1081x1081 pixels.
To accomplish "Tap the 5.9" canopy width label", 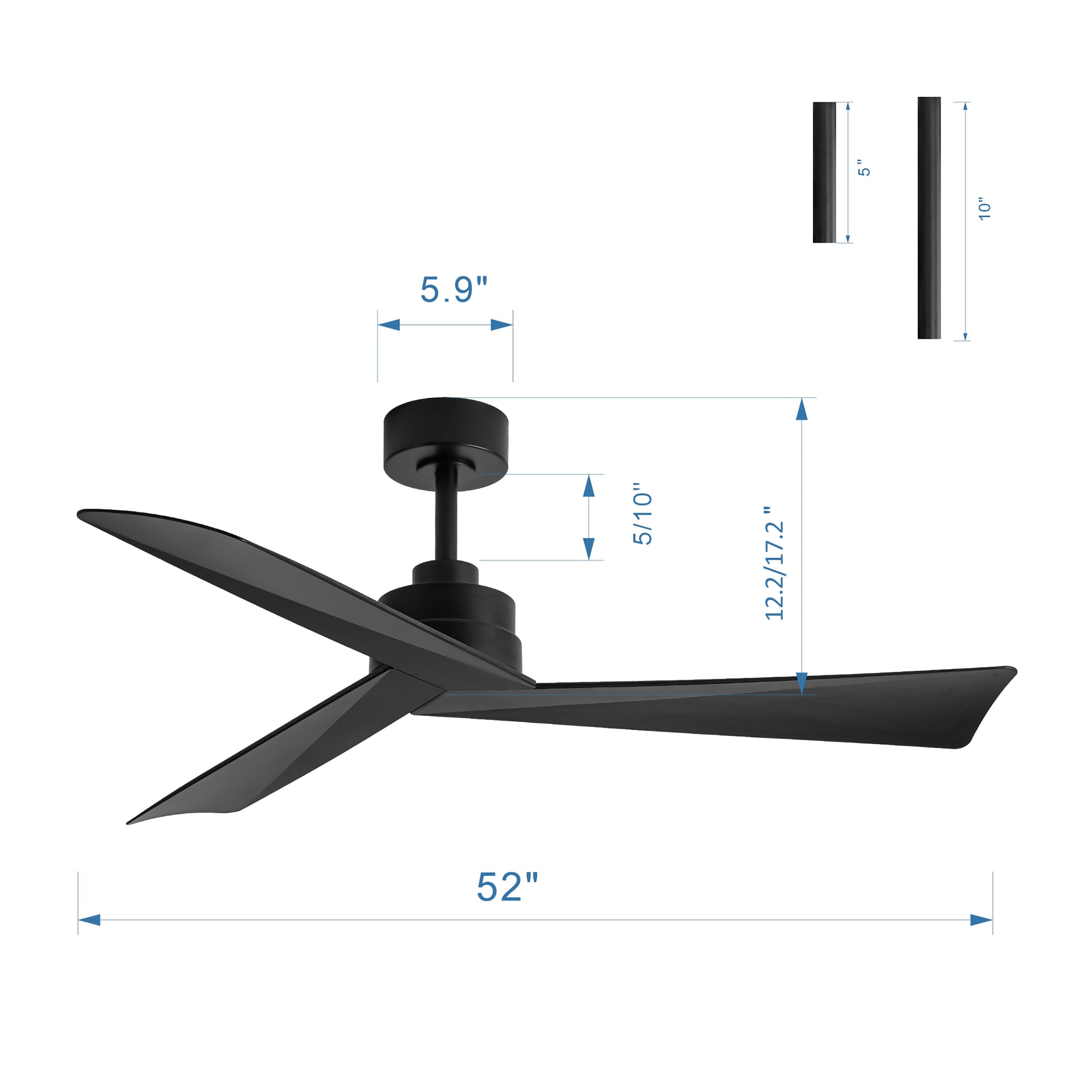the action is [x=454, y=289].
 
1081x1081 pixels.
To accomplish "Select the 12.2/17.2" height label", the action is [x=775, y=563].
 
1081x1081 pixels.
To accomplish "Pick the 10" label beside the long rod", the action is [x=984, y=209].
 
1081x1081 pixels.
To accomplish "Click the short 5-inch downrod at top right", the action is [x=824, y=172].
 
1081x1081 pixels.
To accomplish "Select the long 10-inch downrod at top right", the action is [x=929, y=218].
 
